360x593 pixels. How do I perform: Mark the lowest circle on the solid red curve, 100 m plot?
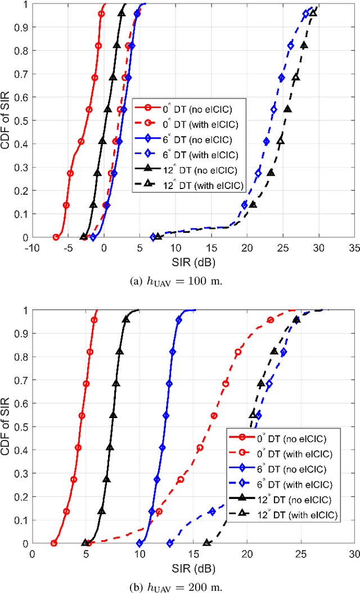pos(56,237)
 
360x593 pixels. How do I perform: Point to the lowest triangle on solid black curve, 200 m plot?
pos(86,543)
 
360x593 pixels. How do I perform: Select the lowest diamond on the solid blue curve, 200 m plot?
pos(140,543)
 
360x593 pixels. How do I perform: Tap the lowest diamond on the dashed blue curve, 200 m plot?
pos(170,543)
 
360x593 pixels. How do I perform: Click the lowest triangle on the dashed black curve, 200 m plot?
pos(206,543)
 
